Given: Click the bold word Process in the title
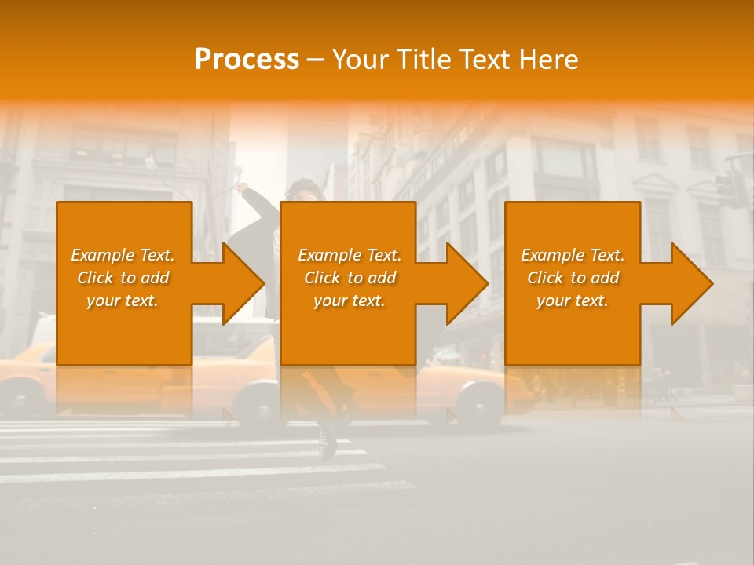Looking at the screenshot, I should coord(247,60).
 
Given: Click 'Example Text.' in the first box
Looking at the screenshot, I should coord(123,255).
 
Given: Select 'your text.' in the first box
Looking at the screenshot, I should coord(123,301).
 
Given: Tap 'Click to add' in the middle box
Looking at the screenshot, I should coord(350,278).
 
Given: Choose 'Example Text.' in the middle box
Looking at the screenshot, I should coord(350,255).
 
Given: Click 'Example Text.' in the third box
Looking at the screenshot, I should coord(573,255).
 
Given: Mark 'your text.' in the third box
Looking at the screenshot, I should coord(573,301).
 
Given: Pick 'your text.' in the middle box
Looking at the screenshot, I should coord(350,301).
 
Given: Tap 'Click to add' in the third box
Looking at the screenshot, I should coord(573,278).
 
